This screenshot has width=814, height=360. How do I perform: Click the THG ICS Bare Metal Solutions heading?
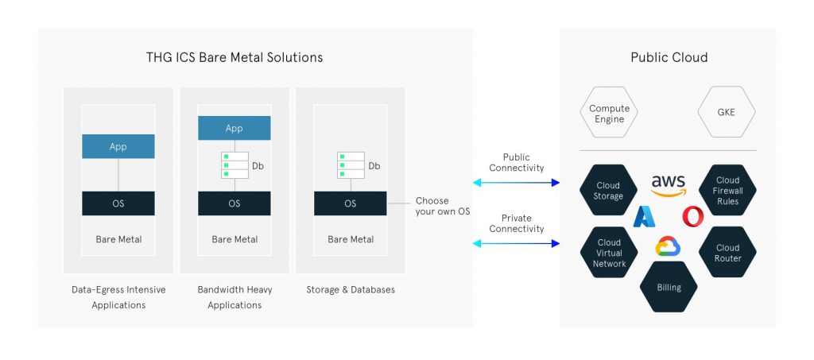(235, 57)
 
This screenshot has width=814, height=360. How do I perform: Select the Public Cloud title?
(669, 57)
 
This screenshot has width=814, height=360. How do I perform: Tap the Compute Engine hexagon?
(609, 114)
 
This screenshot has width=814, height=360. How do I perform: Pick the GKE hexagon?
(726, 113)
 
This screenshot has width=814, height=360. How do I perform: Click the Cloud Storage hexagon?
(608, 191)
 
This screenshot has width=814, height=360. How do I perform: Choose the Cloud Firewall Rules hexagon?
(727, 191)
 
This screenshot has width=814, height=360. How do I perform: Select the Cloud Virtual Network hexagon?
(609, 253)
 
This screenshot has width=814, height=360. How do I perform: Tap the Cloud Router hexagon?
(727, 253)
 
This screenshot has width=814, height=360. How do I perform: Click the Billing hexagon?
(669, 288)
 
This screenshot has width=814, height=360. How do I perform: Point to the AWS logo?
(668, 184)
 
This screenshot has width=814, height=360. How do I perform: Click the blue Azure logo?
(643, 216)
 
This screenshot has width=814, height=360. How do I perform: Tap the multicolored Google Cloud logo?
(669, 247)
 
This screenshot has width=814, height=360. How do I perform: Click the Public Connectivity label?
(517, 163)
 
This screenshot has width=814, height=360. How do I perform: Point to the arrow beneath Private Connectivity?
(517, 243)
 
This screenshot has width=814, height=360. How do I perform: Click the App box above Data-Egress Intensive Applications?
(118, 147)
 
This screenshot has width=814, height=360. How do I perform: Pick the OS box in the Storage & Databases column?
(351, 203)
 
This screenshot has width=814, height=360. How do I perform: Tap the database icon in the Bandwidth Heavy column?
(235, 165)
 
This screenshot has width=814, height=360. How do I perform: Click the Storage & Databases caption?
(351, 290)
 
